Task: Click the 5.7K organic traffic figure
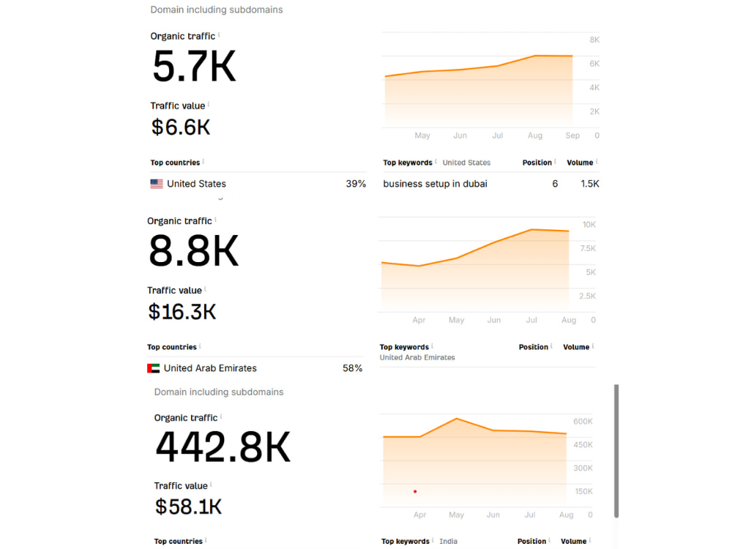(x=194, y=67)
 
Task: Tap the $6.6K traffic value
(x=181, y=127)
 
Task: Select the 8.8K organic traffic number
(x=193, y=250)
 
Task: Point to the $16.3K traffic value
(x=182, y=311)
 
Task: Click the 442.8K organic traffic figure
(x=223, y=447)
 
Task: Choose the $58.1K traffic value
(x=188, y=507)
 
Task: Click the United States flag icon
(x=157, y=184)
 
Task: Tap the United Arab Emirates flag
(x=153, y=368)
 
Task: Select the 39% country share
(x=356, y=184)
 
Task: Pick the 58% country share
(x=353, y=368)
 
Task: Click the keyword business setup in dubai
(x=435, y=184)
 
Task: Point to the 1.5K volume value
(x=590, y=184)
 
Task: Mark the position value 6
(x=555, y=184)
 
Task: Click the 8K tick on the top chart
(x=594, y=40)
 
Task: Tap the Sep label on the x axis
(x=572, y=135)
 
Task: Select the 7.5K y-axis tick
(x=588, y=248)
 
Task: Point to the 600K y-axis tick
(x=583, y=422)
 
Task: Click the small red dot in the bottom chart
(x=415, y=492)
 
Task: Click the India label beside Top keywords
(x=448, y=541)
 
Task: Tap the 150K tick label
(x=583, y=492)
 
